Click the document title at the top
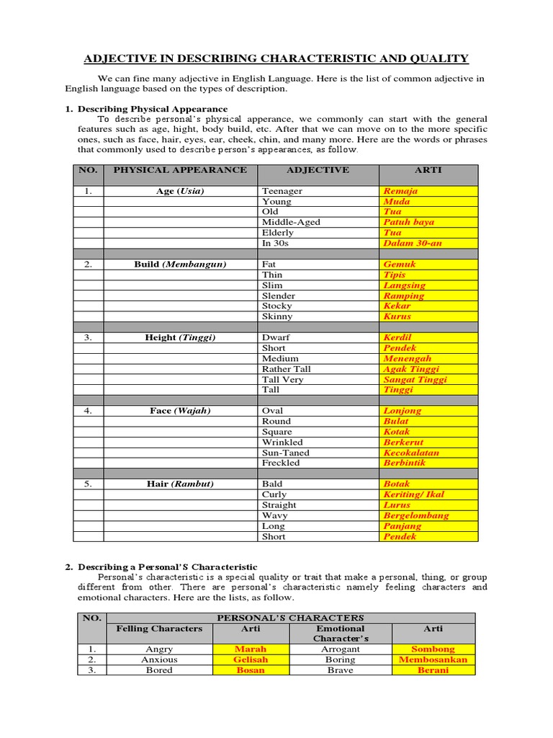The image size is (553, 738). pos(276,58)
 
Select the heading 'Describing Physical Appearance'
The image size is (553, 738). pos(142,108)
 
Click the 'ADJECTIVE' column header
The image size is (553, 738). pos(318,170)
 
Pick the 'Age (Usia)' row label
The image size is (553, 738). pos(180,191)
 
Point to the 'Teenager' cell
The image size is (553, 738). pos(282,191)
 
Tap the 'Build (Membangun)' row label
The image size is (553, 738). pos(180,264)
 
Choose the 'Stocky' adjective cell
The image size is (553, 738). pos(278,306)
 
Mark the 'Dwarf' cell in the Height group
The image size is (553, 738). pos(276,337)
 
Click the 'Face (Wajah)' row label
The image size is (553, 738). pos(180,411)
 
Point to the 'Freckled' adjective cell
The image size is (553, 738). pos(281,463)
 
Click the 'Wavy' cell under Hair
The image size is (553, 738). pos(274,515)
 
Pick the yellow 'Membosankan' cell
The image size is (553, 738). pos(433,659)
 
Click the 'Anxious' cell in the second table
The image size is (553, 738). pos(159,659)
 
